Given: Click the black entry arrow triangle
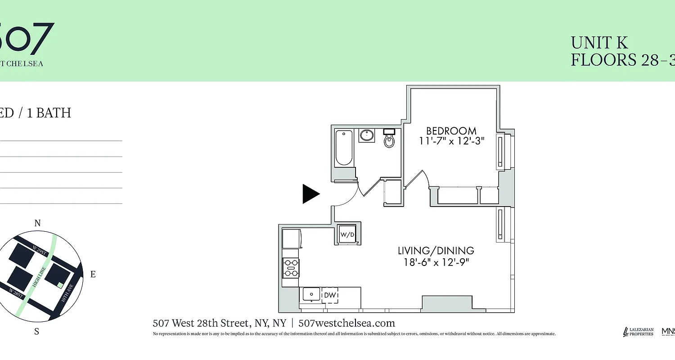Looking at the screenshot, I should click(310, 194).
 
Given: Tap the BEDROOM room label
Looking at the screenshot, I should click(451, 131).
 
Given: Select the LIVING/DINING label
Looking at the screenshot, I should click(436, 251).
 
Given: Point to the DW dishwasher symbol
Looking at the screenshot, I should click(330, 295).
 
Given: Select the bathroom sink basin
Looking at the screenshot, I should click(367, 135).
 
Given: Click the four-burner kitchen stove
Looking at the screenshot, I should click(291, 268).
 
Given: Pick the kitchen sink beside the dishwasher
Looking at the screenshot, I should click(311, 294).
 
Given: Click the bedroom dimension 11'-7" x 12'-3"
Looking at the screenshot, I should click(451, 141).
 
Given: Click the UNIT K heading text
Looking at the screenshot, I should click(599, 43).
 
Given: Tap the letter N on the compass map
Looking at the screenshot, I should click(38, 223).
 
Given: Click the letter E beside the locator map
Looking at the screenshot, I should click(93, 274).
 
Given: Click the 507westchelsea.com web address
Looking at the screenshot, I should click(346, 323).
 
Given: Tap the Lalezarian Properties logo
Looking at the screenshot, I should click(638, 332).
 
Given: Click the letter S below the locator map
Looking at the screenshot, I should click(37, 332).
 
